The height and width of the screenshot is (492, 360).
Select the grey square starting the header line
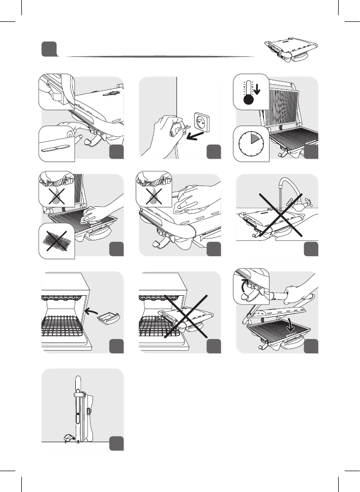48,49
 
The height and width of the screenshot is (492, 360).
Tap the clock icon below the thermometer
251,143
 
